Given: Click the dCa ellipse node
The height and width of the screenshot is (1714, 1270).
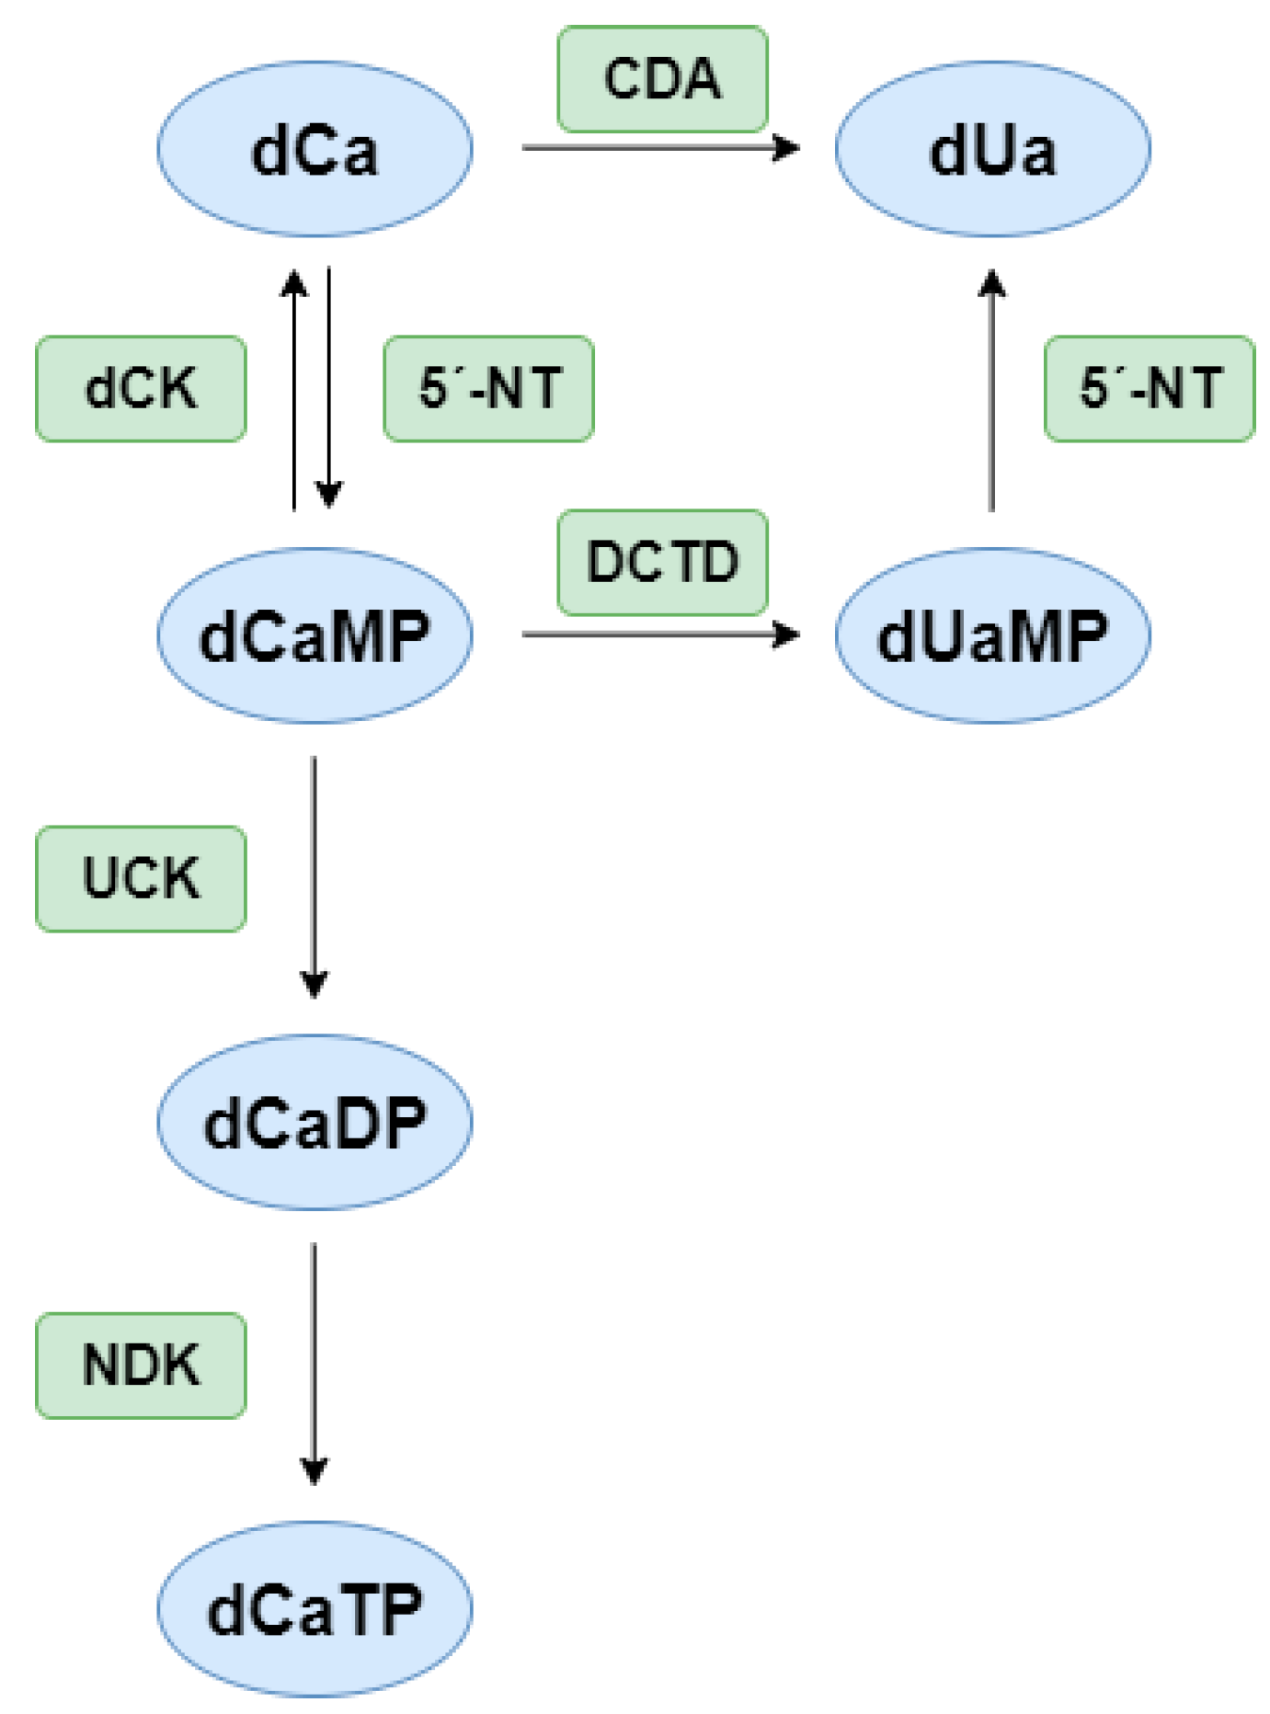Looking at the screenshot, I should (x=315, y=149).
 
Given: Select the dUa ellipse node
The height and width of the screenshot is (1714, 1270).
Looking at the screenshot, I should (x=992, y=149).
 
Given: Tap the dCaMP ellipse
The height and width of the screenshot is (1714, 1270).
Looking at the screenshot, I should (x=315, y=635).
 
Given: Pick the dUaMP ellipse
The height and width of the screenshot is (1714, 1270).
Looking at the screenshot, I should (x=992, y=635).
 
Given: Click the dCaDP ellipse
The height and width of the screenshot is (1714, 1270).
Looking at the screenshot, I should (x=315, y=1122).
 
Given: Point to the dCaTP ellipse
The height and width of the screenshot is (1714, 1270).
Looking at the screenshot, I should (x=315, y=1608).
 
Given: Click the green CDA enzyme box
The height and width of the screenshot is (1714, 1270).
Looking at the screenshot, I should (x=662, y=79).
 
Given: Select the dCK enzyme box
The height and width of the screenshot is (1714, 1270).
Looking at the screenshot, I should (x=141, y=388).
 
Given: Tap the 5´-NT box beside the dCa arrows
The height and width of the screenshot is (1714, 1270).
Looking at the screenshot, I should (x=488, y=388).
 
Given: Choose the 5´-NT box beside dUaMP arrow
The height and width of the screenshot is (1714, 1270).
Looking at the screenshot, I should (x=1149, y=388).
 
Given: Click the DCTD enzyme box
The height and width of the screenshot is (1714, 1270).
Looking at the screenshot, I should (x=662, y=562).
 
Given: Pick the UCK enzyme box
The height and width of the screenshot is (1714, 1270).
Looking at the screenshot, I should (x=141, y=878).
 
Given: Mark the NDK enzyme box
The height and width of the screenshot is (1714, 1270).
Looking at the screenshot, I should (x=141, y=1365).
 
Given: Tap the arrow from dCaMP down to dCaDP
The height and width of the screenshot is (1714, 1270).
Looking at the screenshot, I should (x=315, y=874).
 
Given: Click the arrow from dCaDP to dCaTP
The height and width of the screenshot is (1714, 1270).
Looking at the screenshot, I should (x=315, y=1361).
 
